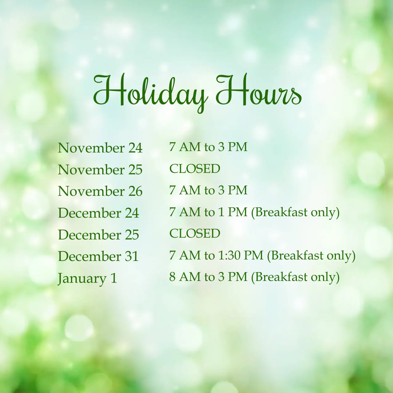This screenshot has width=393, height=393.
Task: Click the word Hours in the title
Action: (259, 90)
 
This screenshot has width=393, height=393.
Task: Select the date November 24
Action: (100, 148)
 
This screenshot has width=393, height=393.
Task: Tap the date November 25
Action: (100, 170)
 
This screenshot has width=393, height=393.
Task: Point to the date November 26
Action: (100, 191)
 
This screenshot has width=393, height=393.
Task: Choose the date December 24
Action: (99, 213)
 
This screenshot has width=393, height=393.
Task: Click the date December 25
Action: (99, 235)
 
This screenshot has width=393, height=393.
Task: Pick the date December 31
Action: (98, 256)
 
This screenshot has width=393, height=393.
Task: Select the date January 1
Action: (87, 279)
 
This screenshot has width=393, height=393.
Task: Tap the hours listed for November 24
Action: (208, 147)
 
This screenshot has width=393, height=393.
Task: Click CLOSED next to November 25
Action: (195, 168)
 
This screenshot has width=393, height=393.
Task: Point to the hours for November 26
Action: (208, 190)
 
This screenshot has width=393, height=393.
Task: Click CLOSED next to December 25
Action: (195, 233)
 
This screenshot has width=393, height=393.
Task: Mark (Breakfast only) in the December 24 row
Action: (295, 213)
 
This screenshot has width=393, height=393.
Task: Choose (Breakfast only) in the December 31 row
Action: (311, 256)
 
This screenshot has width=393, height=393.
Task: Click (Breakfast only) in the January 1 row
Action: (295, 277)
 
